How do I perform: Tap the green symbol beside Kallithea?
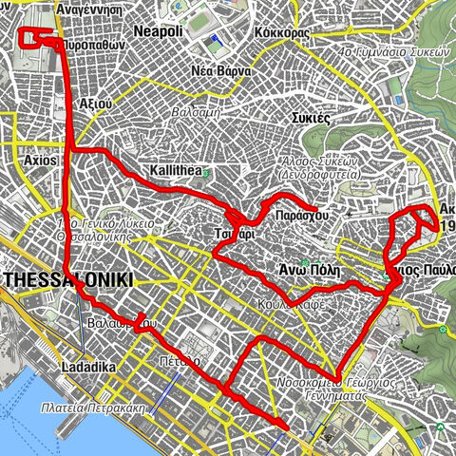point(206,172)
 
